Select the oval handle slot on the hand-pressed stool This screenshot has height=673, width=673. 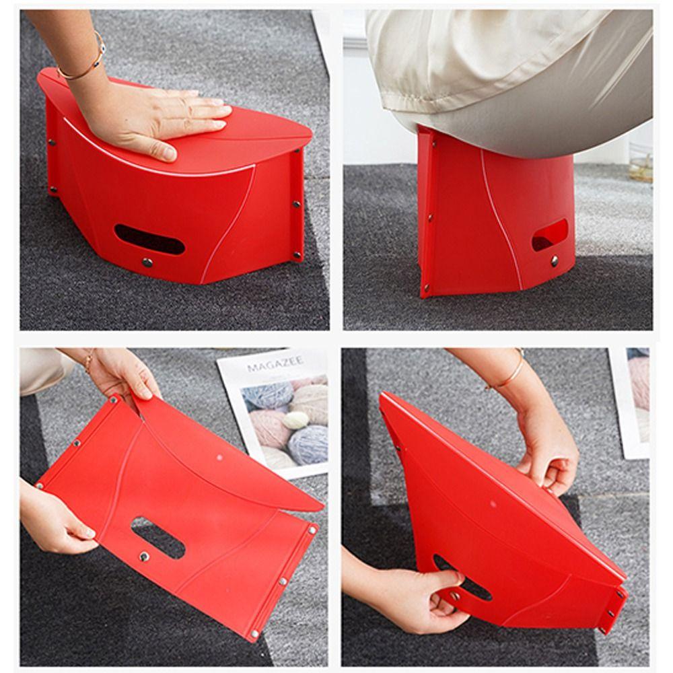tap(149, 240)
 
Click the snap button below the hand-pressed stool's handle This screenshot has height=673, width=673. tap(147, 262)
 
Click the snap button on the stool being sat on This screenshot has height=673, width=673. tap(555, 259)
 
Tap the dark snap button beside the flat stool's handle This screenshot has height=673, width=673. tap(143, 556)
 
